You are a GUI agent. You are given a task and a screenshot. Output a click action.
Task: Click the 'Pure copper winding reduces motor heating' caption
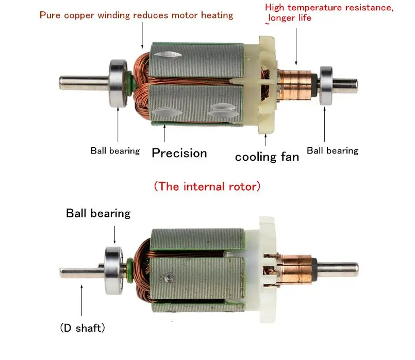136,14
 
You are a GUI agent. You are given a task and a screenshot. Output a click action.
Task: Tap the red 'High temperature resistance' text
329,8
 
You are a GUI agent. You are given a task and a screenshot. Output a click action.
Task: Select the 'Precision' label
179,153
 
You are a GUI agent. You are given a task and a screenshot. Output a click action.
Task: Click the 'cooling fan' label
267,157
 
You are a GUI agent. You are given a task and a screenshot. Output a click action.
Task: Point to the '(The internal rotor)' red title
207,186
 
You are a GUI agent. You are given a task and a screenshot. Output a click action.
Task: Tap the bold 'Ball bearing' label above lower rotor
98,213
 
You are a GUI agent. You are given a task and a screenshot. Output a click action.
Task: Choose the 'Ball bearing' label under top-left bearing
115,151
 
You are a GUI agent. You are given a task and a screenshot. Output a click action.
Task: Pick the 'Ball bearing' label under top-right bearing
332,150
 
